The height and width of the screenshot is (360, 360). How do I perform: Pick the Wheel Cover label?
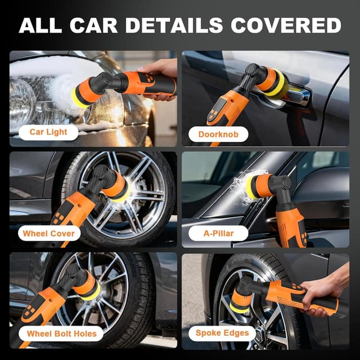point(48,233)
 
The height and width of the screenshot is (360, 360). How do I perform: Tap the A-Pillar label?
point(218,233)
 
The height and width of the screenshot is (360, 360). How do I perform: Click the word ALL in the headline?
point(39,25)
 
